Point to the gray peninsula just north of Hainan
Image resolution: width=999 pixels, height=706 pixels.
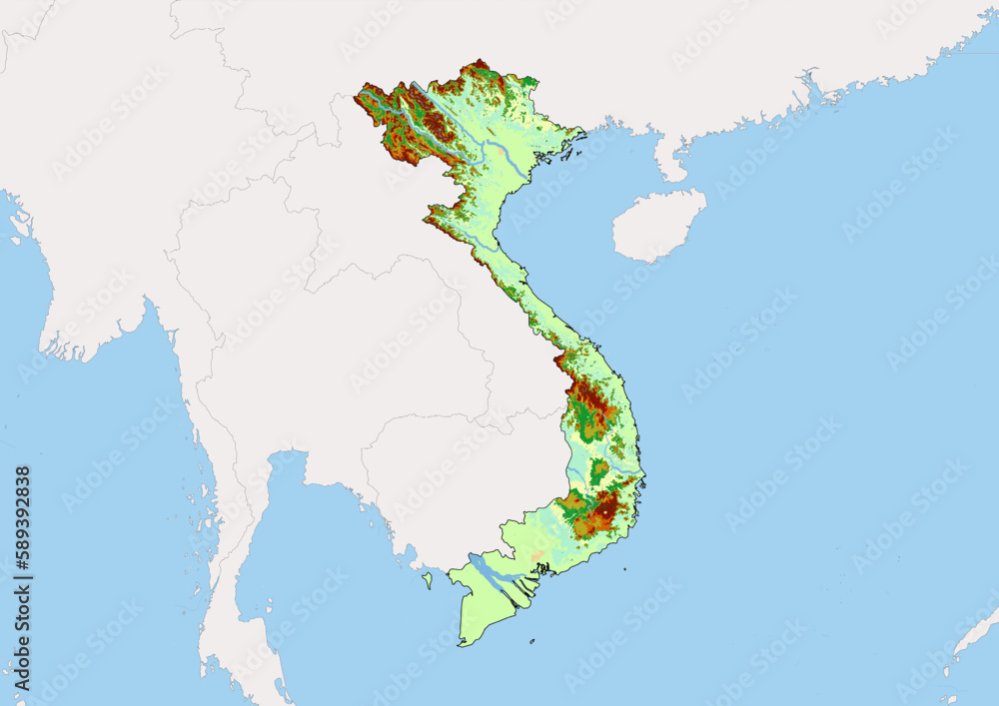point(669,160)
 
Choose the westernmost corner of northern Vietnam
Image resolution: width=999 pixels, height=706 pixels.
point(360,97)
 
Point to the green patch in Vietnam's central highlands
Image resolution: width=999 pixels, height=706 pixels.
point(600,470)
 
